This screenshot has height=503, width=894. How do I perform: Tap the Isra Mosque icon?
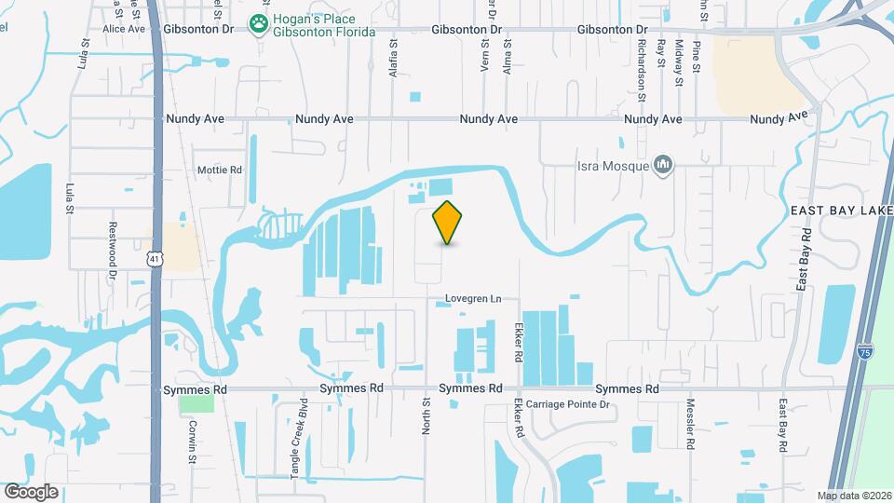pyautogui.click(x=663, y=166)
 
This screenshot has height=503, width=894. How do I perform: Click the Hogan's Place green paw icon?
pyautogui.click(x=258, y=22)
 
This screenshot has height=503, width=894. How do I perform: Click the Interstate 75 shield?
pyautogui.click(x=865, y=351)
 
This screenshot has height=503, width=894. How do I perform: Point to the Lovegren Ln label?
pyautogui.click(x=468, y=299)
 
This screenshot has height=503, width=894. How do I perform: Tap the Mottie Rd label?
pyautogui.click(x=219, y=170)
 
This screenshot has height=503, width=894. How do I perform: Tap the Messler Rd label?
pyautogui.click(x=691, y=428)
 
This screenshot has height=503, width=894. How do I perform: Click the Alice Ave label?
pyautogui.click(x=124, y=29)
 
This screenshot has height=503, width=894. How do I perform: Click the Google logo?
pyautogui.click(x=31, y=492)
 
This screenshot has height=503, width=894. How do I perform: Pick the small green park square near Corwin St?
pyautogui.click(x=196, y=404)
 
